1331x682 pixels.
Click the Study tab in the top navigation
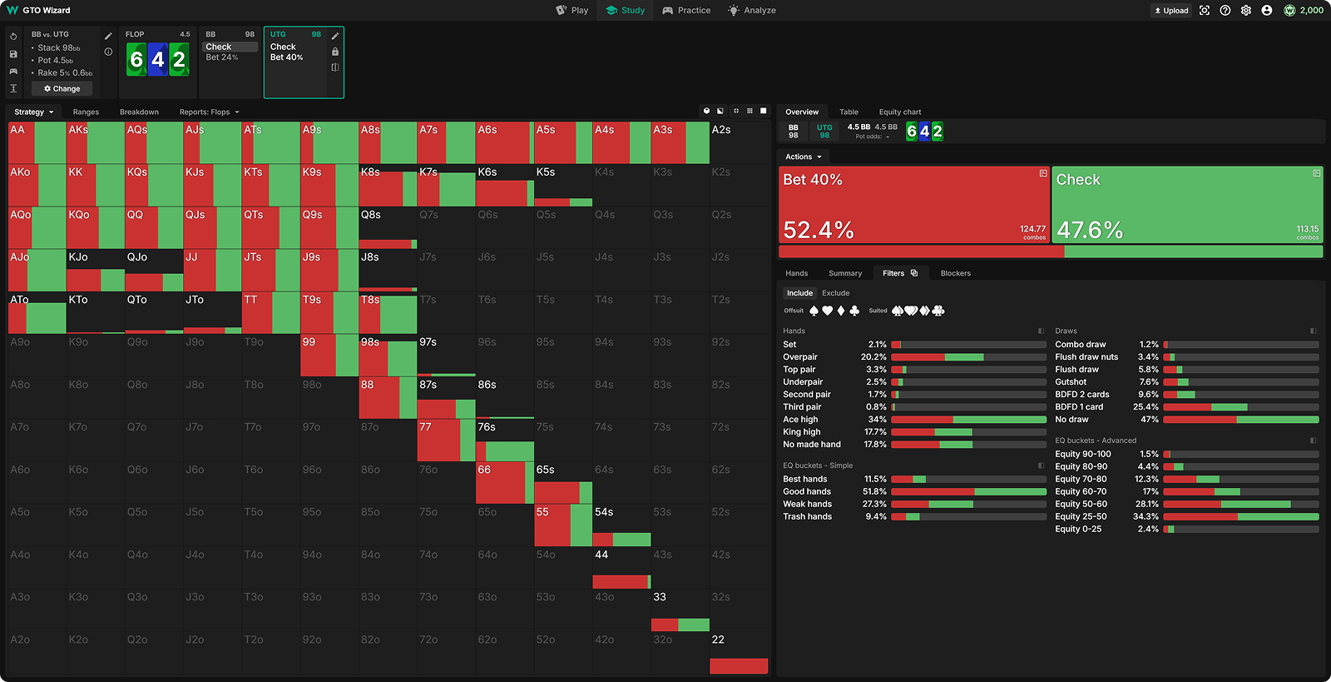coord(626,10)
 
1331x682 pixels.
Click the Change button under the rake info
coord(62,88)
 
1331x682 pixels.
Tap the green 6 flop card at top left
coord(136,60)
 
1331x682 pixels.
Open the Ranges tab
coord(86,112)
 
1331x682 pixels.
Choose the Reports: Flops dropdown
coord(209,112)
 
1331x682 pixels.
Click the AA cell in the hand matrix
coord(37,142)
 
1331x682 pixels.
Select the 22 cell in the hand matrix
coord(739,653)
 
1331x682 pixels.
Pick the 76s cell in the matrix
coord(504,440)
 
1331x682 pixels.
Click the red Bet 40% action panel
coord(913,205)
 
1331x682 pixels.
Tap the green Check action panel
coord(1187,205)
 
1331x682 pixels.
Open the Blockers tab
coord(955,273)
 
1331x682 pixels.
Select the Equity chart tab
coord(899,112)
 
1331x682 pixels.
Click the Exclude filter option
coord(835,293)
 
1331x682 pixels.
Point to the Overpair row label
coord(800,356)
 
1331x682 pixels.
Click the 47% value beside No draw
coord(1150,420)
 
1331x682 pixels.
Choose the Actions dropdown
coord(803,157)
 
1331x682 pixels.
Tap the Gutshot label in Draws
coord(1071,382)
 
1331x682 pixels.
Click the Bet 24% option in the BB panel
coord(222,57)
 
